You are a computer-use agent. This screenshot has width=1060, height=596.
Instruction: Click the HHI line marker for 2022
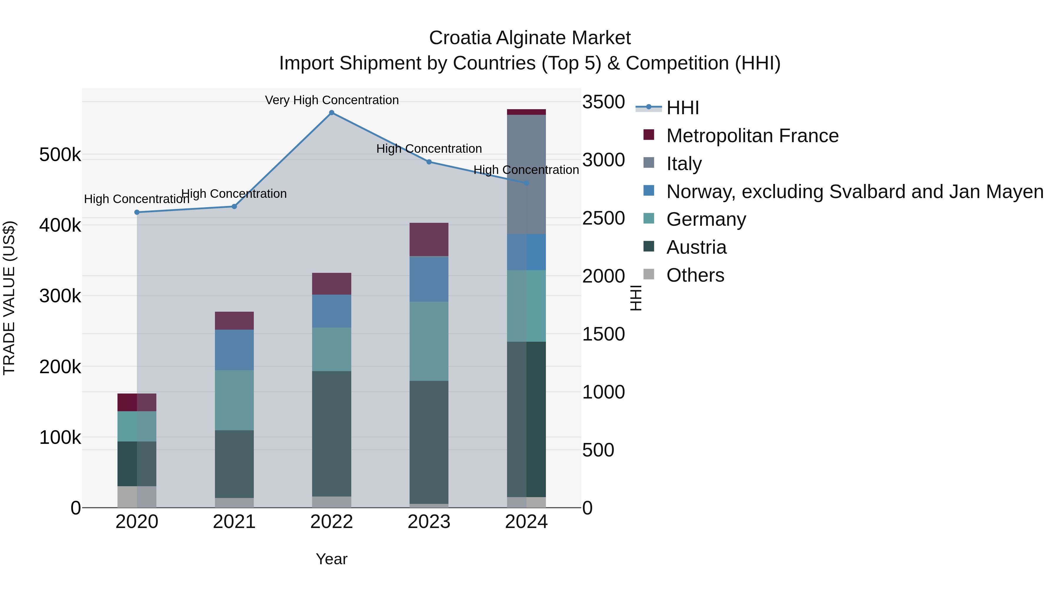332,113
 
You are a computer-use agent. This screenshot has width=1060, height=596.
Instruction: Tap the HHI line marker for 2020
137,212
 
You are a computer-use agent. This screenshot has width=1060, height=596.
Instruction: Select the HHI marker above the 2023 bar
429,162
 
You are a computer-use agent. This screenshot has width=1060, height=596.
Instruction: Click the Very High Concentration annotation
332,100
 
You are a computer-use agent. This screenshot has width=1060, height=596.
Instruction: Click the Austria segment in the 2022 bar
332,434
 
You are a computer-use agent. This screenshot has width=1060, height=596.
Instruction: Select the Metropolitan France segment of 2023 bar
429,239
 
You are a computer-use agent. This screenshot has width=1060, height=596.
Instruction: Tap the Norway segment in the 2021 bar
234,350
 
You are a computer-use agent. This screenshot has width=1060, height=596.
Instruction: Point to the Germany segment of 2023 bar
429,341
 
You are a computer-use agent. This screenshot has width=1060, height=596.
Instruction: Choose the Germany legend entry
706,219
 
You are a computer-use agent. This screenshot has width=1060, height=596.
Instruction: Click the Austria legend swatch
648,246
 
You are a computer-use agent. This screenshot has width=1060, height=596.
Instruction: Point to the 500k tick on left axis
60,155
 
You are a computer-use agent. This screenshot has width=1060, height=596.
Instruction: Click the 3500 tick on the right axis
603,102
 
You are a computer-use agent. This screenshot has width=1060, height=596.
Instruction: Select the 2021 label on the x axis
234,522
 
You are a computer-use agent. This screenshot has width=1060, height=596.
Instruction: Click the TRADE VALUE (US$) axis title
9,298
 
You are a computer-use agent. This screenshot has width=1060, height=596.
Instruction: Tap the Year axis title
332,559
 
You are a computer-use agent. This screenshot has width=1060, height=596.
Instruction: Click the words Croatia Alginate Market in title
530,38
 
